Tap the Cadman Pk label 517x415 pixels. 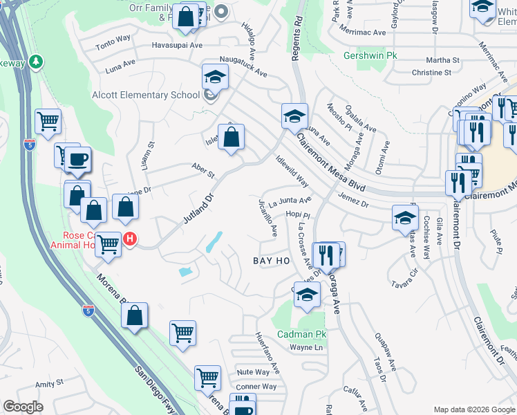(x=301, y=334)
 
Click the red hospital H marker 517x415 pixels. (x=129, y=239)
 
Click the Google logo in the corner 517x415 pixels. (x=23, y=407)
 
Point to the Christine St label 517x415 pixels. (x=431, y=72)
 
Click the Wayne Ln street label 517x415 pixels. (x=307, y=347)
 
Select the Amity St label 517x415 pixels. (x=49, y=382)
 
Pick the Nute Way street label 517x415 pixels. (x=253, y=372)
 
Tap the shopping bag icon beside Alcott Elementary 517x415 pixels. (x=232, y=136)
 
